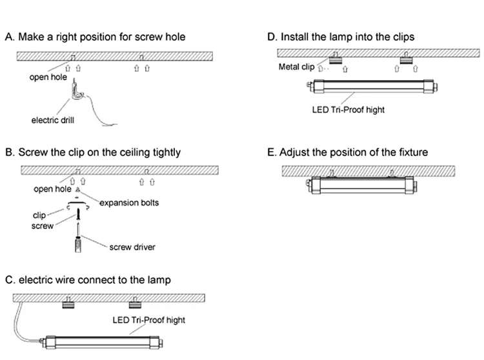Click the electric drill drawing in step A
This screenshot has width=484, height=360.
[76, 92]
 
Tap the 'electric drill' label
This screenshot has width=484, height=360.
[53, 120]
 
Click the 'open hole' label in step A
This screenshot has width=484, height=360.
[48, 77]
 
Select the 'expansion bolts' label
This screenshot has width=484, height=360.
[129, 203]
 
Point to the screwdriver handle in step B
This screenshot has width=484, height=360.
[78, 245]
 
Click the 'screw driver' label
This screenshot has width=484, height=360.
[132, 247]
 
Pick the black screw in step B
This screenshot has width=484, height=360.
[78, 214]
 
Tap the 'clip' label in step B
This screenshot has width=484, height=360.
[39, 215]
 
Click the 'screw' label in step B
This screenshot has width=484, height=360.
[43, 226]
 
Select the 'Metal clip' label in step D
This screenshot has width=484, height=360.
[296, 67]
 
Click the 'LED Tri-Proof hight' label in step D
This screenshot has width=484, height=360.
[348, 110]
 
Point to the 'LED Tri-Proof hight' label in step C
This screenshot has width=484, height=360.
[149, 320]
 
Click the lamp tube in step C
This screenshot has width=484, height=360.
[102, 343]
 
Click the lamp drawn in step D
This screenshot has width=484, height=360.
[372, 86]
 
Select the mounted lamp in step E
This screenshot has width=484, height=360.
[363, 185]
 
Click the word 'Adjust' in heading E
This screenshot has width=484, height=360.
[294, 152]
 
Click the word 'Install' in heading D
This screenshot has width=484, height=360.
[295, 37]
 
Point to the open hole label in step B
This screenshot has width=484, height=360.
[52, 189]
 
